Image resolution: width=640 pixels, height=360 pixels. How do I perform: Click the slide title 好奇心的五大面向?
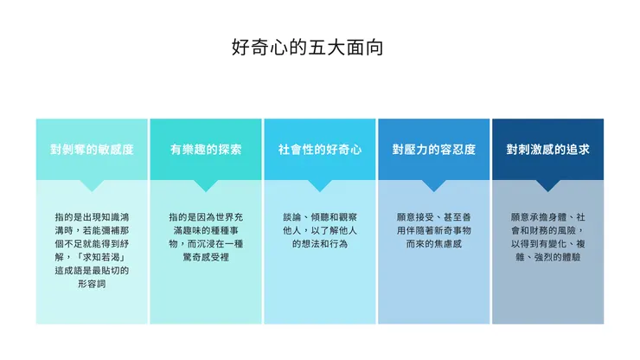tap(307, 48)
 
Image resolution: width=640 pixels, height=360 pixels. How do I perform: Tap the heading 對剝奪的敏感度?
tap(92, 150)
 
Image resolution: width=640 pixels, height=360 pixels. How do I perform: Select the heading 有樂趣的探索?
tap(206, 150)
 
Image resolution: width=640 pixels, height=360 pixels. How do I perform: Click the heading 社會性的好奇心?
tap(320, 150)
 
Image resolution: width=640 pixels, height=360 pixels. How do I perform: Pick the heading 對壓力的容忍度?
tap(434, 150)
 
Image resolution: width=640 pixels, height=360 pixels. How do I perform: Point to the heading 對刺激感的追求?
tap(547, 150)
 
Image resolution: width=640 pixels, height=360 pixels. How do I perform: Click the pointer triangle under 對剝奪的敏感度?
tap(92, 185)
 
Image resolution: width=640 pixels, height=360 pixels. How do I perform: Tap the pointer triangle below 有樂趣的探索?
tap(206, 185)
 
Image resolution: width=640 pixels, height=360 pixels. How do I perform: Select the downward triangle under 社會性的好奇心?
tap(320, 185)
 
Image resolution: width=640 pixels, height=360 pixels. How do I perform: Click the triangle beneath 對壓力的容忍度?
tap(434, 185)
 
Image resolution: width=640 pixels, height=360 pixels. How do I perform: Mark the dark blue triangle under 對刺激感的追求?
tap(547, 185)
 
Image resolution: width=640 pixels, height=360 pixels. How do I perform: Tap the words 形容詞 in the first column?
tap(92, 284)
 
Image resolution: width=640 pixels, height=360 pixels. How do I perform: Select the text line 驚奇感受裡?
tap(206, 257)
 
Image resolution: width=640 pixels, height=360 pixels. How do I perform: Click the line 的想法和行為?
tap(320, 244)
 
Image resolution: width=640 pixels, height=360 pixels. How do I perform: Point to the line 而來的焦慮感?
tap(434, 244)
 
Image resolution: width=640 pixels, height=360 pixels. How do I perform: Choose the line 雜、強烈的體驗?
tap(547, 257)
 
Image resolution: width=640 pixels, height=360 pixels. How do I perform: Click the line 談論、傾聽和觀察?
tap(320, 217)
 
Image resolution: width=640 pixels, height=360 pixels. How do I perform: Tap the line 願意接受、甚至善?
tap(434, 217)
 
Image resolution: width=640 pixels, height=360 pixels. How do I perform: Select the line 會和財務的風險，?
tap(547, 230)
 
